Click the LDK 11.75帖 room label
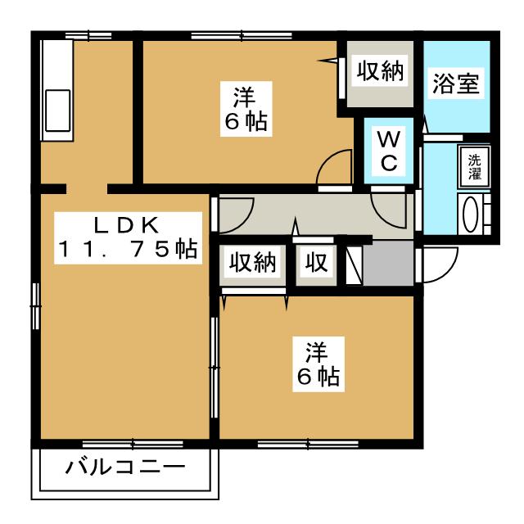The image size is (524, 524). coord(128,238)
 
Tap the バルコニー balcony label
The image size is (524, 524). coord(125,468)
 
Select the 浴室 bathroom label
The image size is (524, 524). coord(456,83)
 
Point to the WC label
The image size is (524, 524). coord(389,151)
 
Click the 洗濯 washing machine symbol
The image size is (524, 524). coord(474,167)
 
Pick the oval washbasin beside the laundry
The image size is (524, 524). coord(472,215)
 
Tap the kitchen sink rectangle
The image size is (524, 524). coord(57,111)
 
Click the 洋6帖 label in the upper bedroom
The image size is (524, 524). coord(246,109)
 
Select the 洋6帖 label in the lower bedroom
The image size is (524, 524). coord(318,364)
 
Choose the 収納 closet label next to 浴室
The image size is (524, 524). coord(380,71)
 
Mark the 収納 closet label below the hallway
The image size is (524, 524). coord(253,262)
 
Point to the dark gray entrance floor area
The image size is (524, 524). coord(388,264)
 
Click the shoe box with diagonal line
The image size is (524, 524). coord(355,265)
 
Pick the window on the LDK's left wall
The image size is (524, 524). coord(36,305)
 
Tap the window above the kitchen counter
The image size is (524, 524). coord(88,35)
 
